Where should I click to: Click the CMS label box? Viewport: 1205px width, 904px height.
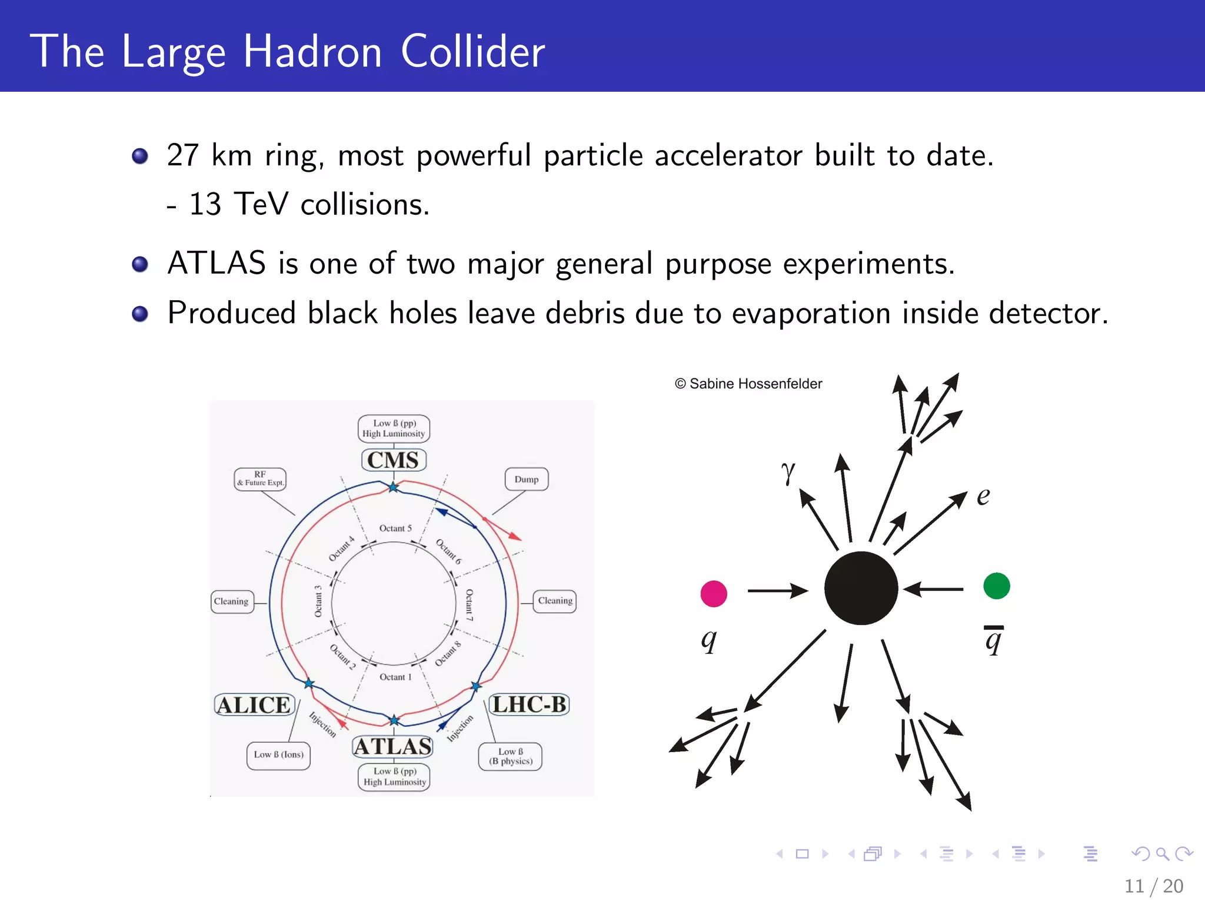point(393,460)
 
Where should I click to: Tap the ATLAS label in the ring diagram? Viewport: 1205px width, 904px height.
point(393,746)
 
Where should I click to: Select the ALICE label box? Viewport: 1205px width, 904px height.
point(254,704)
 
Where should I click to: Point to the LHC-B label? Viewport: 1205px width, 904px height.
point(529,704)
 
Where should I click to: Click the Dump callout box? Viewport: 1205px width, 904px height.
point(527,479)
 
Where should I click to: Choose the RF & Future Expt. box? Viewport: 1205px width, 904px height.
point(260,478)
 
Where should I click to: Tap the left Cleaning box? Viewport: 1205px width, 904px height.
point(232,601)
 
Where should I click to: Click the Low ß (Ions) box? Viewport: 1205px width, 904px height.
point(278,755)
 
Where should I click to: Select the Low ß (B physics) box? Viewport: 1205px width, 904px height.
point(510,756)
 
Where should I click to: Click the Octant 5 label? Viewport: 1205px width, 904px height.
point(395,529)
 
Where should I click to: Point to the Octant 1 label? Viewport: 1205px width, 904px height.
point(395,677)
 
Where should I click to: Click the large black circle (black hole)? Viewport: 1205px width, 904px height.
point(861,588)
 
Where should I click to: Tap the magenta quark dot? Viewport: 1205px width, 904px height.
point(714,593)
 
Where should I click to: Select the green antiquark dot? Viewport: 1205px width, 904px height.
point(997,586)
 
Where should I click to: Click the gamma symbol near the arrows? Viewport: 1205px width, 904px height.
point(788,472)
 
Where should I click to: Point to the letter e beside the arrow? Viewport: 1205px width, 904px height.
point(983,497)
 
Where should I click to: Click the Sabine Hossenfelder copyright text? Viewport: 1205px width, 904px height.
point(748,384)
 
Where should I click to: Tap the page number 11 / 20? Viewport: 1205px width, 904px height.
point(1154,886)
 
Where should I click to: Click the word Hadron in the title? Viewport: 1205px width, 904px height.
point(312,52)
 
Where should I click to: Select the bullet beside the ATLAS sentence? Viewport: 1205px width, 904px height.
point(140,264)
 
